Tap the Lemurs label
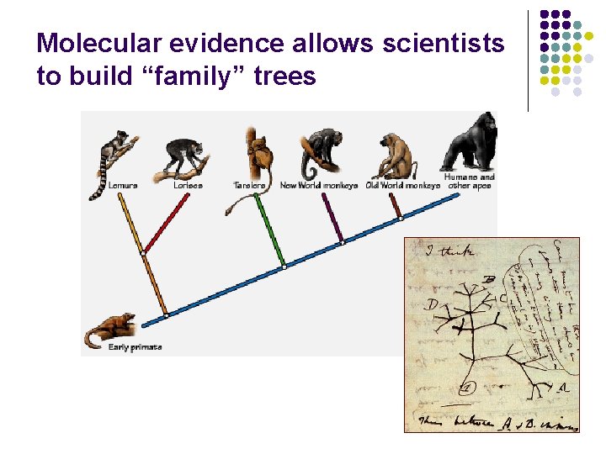[121, 185]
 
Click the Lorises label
[188, 185]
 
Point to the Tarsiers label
[249, 185]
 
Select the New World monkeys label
[318, 185]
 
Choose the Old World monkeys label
[402, 185]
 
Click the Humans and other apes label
[470, 182]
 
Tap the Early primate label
[135, 347]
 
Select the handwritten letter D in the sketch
[432, 304]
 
